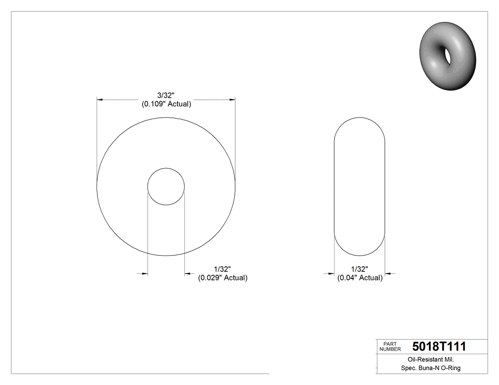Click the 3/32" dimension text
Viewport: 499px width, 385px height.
pyautogui.click(x=166, y=96)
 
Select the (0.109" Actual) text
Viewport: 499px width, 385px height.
pyautogui.click(x=166, y=104)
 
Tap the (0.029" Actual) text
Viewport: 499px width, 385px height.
pyautogui.click(x=222, y=278)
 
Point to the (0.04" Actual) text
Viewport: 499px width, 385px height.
pyautogui.click(x=360, y=278)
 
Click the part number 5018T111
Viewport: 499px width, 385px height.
pyautogui.click(x=439, y=347)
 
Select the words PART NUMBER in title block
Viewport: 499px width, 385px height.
pyautogui.click(x=390, y=347)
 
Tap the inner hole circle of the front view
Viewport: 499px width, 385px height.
pyautogui.click(x=166, y=186)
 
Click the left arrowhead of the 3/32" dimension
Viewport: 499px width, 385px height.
pyautogui.click(x=100, y=100)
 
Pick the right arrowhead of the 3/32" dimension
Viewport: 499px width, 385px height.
pyautogui.click(x=233, y=100)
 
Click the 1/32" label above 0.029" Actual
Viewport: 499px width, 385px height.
pyautogui.click(x=222, y=269)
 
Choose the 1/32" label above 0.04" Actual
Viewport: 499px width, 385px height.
pyautogui.click(x=360, y=269)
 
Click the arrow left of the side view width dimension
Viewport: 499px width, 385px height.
pyautogui.click(x=331, y=273)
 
